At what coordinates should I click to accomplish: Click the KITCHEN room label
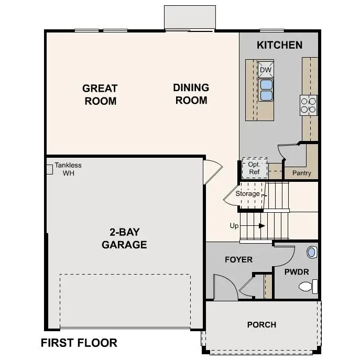tap(279, 45)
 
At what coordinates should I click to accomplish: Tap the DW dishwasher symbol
tap(266, 70)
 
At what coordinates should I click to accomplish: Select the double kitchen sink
tap(266, 90)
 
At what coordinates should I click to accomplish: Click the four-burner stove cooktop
tap(309, 105)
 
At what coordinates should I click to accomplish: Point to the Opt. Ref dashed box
tap(254, 168)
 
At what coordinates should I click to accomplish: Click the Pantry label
tap(301, 173)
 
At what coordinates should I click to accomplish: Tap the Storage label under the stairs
tap(247, 194)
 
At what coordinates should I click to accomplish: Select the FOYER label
tap(238, 259)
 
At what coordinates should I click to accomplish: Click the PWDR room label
tap(297, 272)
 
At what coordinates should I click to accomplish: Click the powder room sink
tap(312, 252)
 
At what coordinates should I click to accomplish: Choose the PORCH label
tap(261, 325)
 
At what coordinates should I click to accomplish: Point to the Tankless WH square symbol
tap(50, 168)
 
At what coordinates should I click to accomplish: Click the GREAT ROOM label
tap(100, 94)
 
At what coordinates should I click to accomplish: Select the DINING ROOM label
tap(191, 94)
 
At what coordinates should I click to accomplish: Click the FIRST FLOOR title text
tap(79, 343)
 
